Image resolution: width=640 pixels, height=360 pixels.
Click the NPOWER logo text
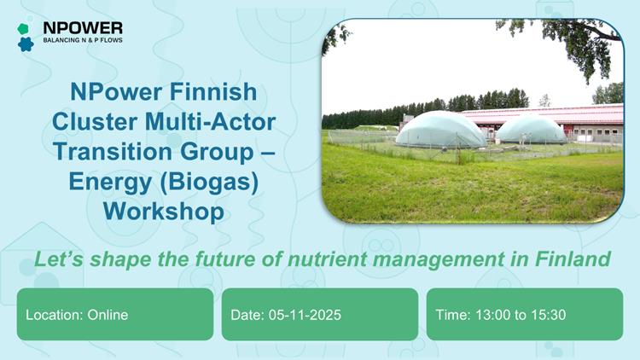tap(82, 28)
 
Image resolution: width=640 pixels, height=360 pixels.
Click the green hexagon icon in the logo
tap(24, 28)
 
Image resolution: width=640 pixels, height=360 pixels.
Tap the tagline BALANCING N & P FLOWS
tap(82, 41)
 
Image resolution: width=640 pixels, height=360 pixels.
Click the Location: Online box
tap(115, 315)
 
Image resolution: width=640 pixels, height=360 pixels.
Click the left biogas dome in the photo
tap(441, 130)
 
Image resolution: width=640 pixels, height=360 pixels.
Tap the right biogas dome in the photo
tap(531, 130)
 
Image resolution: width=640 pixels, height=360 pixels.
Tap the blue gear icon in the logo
tap(25, 44)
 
